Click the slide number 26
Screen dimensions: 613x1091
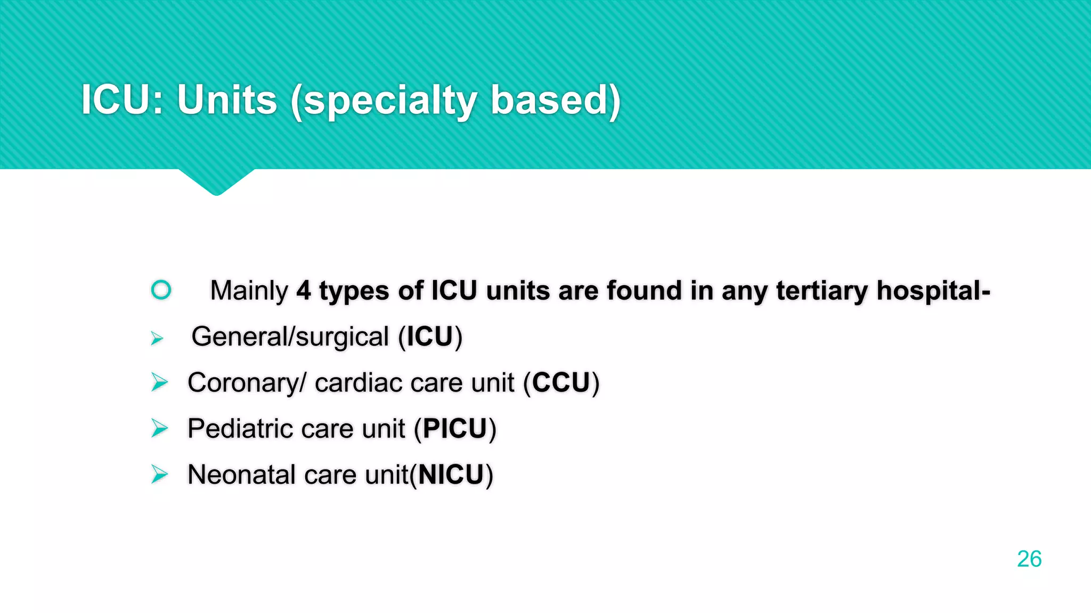[1029, 559]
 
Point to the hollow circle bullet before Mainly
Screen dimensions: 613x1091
[161, 290]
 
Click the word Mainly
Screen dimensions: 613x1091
[249, 291]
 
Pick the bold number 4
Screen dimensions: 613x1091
[304, 291]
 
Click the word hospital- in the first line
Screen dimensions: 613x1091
[933, 291]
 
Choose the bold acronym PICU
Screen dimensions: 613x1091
[455, 429]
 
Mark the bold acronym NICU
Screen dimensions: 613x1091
[451, 475]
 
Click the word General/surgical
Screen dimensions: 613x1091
[290, 337]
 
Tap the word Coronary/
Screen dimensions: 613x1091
[247, 383]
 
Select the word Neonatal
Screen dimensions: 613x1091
[241, 475]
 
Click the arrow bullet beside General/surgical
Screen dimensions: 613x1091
[157, 338]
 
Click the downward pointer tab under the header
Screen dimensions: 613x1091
[216, 182]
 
